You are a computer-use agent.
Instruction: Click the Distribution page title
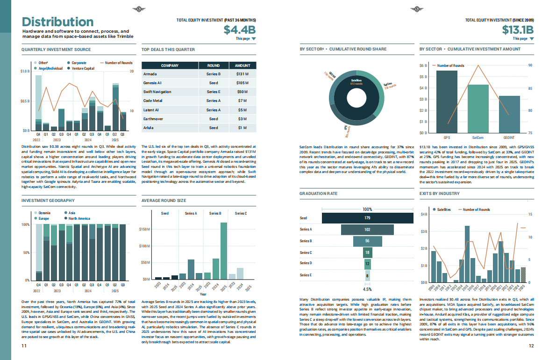coord(58,22)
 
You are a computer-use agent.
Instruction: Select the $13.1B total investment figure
coord(518,30)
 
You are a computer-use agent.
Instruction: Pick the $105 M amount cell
coord(242,83)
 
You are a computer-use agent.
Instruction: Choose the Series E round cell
coord(213,92)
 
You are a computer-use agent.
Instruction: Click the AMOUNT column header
coord(242,65)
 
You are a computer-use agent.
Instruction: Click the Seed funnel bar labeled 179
coord(367,218)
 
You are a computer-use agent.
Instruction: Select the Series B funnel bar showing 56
coord(367,241)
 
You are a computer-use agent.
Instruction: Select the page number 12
coord(531,346)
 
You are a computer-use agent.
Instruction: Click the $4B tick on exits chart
coord(424,214)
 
